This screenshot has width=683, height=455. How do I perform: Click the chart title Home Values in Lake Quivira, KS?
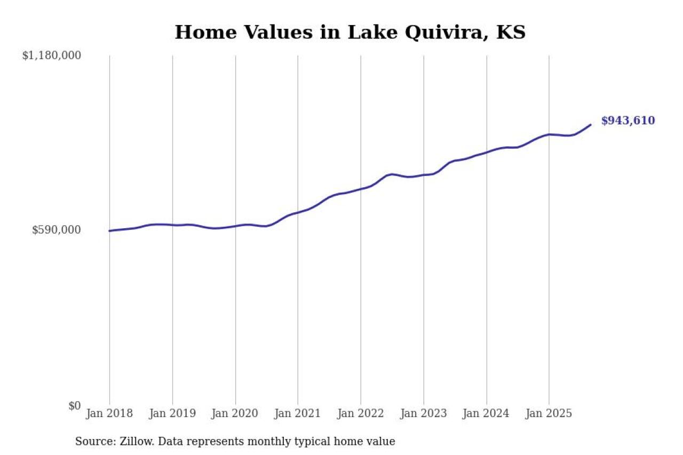click(x=350, y=32)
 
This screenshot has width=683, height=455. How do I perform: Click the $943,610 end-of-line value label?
click(x=628, y=121)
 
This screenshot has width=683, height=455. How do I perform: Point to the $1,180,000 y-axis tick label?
click(x=52, y=55)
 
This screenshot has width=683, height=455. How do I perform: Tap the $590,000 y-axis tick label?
click(x=57, y=230)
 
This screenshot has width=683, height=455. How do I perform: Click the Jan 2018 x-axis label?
click(x=109, y=413)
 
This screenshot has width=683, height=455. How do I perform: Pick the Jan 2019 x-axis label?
click(x=172, y=413)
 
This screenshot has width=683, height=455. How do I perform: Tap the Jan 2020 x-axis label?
click(x=235, y=413)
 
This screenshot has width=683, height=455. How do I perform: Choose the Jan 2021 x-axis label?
click(x=298, y=413)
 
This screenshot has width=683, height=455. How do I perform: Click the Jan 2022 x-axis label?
click(x=361, y=413)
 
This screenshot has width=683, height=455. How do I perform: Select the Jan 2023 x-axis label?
click(x=424, y=413)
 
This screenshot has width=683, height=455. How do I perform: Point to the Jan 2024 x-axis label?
click(x=486, y=413)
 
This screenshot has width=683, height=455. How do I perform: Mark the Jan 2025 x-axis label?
click(x=549, y=413)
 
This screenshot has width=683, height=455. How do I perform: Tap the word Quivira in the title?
click(x=447, y=32)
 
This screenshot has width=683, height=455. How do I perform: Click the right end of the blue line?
click(x=591, y=125)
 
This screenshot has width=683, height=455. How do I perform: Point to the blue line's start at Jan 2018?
click(x=109, y=231)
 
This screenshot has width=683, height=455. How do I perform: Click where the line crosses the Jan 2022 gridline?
click(x=361, y=189)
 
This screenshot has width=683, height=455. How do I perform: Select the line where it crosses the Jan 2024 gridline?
click(x=487, y=152)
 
